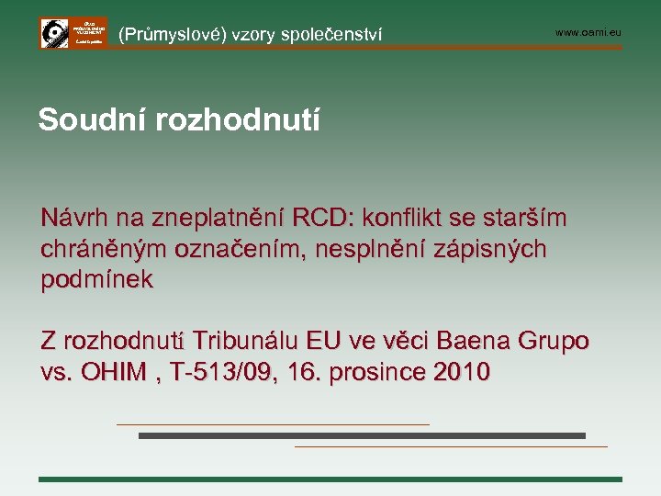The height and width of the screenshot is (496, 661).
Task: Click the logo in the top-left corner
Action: pos(73,32)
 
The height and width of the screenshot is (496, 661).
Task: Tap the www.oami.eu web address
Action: pos(588,33)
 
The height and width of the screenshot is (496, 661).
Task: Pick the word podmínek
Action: pos(97,279)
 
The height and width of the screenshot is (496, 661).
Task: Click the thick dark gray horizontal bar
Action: pos(362,435)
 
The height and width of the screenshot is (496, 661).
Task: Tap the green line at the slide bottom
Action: pos(330,479)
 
